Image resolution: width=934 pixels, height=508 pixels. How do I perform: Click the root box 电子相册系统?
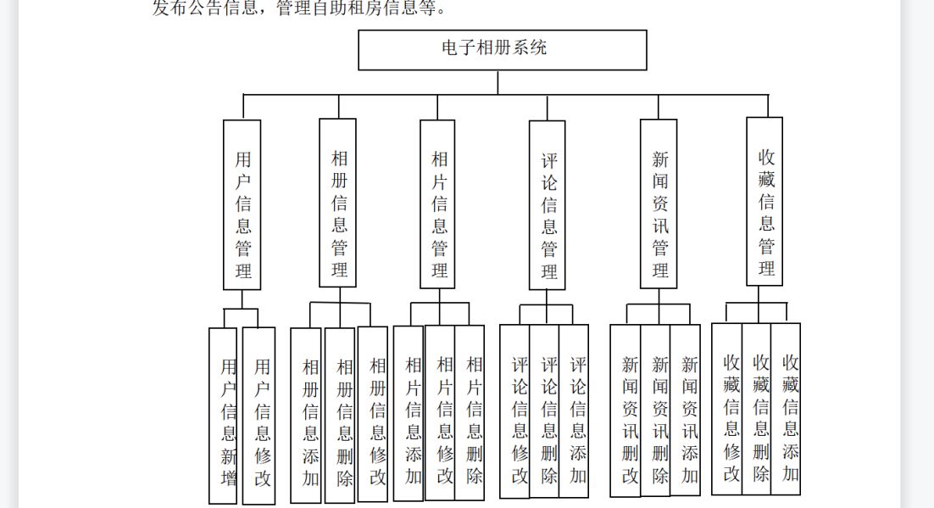tap(502, 50)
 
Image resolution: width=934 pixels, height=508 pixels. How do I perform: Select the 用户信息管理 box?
tap(242, 205)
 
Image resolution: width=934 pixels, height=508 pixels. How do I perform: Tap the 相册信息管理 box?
tap(337, 204)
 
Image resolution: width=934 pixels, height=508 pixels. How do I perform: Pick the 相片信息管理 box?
tap(437, 204)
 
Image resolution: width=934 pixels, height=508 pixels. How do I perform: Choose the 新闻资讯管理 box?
tap(659, 204)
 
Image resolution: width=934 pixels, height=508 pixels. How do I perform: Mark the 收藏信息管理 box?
tap(764, 202)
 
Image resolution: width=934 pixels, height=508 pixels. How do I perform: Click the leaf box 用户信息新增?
tap(223, 416)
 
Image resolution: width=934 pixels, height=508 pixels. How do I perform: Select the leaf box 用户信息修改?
tap(259, 416)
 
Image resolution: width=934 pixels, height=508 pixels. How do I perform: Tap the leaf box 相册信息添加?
tap(306, 416)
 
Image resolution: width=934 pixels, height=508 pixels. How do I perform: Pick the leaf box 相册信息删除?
tap(340, 416)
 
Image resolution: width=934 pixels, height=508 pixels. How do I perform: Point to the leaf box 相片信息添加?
tap(409, 413)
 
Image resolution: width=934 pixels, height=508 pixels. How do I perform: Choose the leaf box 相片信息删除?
tap(470, 413)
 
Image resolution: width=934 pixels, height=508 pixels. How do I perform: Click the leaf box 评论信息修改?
tap(514, 411)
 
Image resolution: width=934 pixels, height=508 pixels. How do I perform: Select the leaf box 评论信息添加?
tap(574, 410)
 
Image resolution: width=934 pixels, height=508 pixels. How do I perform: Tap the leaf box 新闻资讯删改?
tap(625, 410)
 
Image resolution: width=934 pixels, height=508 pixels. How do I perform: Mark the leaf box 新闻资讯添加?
tap(685, 410)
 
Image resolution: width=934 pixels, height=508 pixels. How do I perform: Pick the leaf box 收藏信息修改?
tap(727, 409)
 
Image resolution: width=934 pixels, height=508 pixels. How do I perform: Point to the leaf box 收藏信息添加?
tap(786, 409)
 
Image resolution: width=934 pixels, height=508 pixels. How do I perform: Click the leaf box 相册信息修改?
tap(372, 415)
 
